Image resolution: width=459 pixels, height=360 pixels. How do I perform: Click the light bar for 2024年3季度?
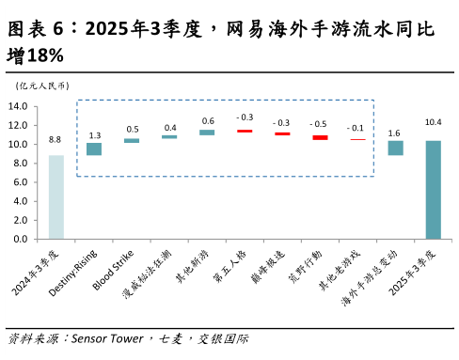click(56, 196)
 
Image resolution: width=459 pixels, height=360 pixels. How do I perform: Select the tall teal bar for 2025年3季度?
click(433, 189)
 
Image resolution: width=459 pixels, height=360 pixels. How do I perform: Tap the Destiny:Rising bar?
click(94, 149)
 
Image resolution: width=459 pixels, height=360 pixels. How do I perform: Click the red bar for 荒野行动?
click(320, 137)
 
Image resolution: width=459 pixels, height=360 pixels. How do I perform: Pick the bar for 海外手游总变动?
click(395, 148)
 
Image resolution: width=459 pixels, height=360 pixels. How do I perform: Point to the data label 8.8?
click(55, 140)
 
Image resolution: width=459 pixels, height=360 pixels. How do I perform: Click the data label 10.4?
click(433, 123)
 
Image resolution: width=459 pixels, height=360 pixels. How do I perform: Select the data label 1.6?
click(395, 133)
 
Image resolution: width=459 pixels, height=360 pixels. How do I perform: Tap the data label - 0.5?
click(320, 124)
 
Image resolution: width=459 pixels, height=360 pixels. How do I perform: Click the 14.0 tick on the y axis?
click(18, 106)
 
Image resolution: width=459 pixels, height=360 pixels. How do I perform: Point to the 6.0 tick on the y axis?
click(20, 182)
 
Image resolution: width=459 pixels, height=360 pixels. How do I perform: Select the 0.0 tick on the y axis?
click(20, 240)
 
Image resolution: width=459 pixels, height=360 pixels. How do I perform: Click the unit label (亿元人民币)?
click(39, 86)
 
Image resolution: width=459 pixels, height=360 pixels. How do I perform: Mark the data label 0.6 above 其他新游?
click(207, 120)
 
